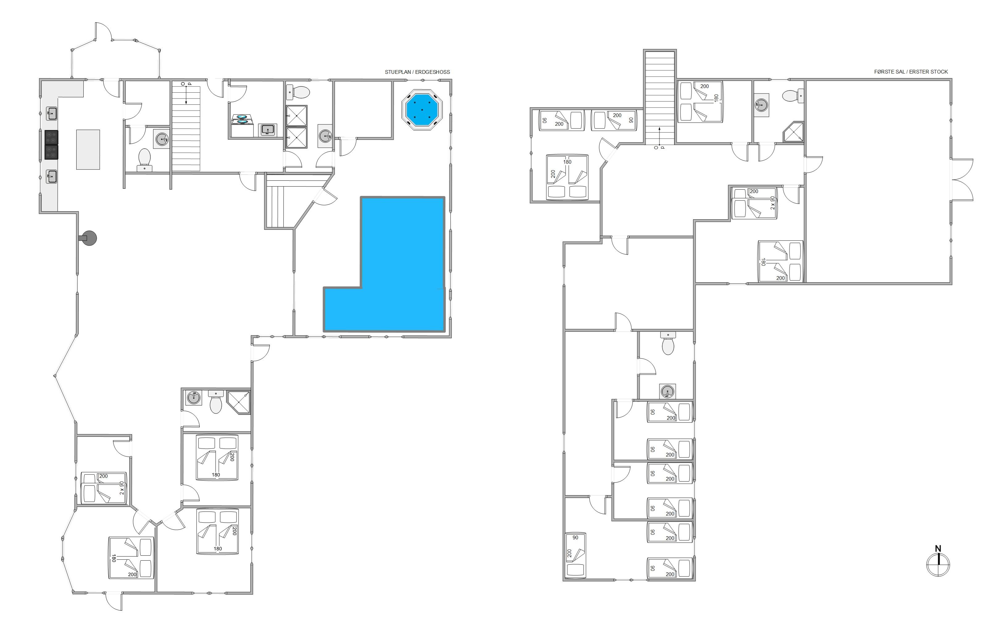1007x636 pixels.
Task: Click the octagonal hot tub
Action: point(422,110)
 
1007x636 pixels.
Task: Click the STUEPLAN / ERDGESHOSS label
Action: point(417,72)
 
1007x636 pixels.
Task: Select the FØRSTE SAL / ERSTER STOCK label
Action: point(911,72)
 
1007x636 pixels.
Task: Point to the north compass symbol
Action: point(938,564)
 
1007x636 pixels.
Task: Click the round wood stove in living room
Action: point(88,238)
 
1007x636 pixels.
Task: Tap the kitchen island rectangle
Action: point(88,150)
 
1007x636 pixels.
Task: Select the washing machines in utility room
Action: point(243,125)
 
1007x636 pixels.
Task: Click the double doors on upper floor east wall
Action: point(963,180)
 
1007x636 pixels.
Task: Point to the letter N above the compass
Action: point(938,549)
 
